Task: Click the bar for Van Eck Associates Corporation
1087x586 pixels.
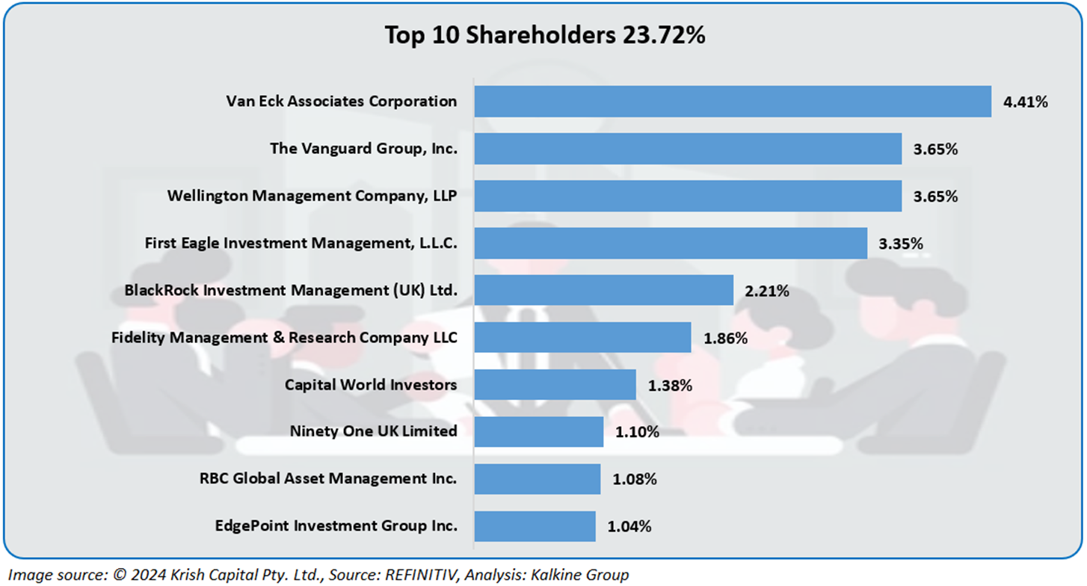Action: click(x=733, y=102)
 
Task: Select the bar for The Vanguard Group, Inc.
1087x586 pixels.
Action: click(x=688, y=149)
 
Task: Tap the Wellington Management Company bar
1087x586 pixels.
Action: click(x=688, y=196)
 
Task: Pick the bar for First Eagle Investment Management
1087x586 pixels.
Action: click(x=671, y=243)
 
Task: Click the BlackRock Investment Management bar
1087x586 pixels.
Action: click(x=603, y=290)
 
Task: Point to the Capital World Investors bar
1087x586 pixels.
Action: click(x=555, y=385)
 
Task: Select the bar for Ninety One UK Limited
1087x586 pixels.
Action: click(x=538, y=431)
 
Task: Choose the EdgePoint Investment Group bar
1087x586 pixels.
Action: click(x=535, y=526)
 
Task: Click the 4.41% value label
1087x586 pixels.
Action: click(x=1025, y=102)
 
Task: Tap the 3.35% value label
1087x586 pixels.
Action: click(x=901, y=244)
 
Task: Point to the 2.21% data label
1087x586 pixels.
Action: click(x=767, y=291)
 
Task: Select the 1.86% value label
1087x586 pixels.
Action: click(x=725, y=338)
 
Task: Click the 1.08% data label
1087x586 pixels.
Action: click(x=635, y=479)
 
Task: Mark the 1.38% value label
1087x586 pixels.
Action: click(x=670, y=386)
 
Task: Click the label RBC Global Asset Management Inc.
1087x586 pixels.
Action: click(x=328, y=478)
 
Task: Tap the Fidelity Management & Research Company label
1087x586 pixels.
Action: click(x=284, y=337)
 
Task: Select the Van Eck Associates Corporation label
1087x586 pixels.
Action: click(x=342, y=101)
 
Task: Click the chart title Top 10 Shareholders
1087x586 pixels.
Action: click(x=544, y=35)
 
